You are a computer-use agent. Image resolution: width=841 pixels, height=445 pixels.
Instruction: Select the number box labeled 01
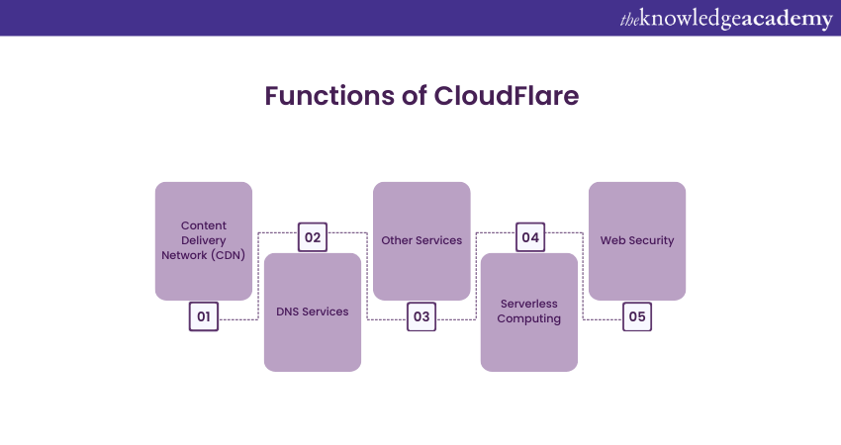204,316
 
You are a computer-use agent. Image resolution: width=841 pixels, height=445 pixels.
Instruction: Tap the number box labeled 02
313,237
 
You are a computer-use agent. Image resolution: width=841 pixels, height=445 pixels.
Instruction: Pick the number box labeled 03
421,316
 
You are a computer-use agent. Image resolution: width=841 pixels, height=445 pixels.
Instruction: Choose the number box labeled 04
530,237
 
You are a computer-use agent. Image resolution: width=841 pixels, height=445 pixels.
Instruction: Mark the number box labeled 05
637,316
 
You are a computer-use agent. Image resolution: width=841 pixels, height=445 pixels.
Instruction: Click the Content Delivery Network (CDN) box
204,240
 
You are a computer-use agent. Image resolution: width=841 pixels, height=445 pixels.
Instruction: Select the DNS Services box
313,311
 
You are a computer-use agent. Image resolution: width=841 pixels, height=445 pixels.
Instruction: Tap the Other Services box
421,240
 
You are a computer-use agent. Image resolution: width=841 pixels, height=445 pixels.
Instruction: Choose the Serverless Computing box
529,311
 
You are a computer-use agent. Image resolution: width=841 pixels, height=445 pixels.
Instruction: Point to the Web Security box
637,240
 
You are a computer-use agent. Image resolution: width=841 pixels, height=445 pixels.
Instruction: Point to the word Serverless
529,305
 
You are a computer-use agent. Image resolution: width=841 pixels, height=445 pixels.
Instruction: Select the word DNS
288,311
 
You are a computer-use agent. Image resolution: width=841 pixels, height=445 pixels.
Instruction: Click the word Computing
529,319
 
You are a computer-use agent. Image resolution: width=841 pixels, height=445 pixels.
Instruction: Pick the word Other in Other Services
397,240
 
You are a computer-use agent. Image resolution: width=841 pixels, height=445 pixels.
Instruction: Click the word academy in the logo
787,19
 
